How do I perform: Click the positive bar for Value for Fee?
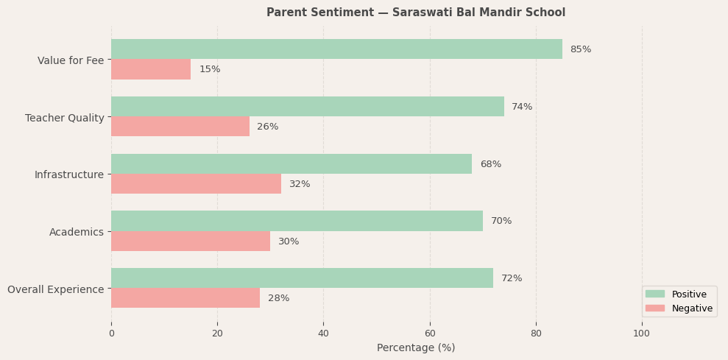point(336,49)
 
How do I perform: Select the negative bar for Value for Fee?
point(151,69)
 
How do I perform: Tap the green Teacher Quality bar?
point(308,107)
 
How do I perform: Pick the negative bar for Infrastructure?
point(196,184)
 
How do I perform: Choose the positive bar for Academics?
point(297,221)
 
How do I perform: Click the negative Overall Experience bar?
point(185,298)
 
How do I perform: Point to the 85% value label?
point(580,49)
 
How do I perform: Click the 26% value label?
point(267,127)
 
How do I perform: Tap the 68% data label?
point(490,164)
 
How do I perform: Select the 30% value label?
point(289,241)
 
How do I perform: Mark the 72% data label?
point(512,278)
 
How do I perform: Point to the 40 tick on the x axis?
point(323,333)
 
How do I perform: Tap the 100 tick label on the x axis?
point(641,333)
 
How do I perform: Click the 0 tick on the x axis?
point(111,333)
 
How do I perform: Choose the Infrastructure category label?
point(69,174)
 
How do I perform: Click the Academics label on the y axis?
point(77,232)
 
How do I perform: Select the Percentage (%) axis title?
point(416,347)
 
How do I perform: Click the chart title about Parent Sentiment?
point(416,13)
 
